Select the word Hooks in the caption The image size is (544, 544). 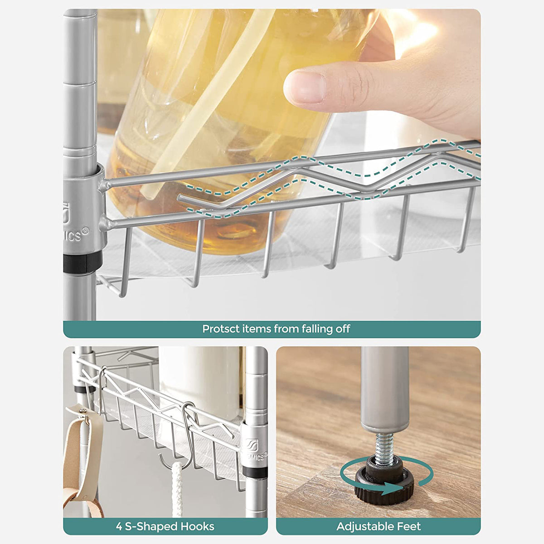(197, 519)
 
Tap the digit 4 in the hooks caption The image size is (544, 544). (119, 519)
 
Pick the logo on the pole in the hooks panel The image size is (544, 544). (250, 442)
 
